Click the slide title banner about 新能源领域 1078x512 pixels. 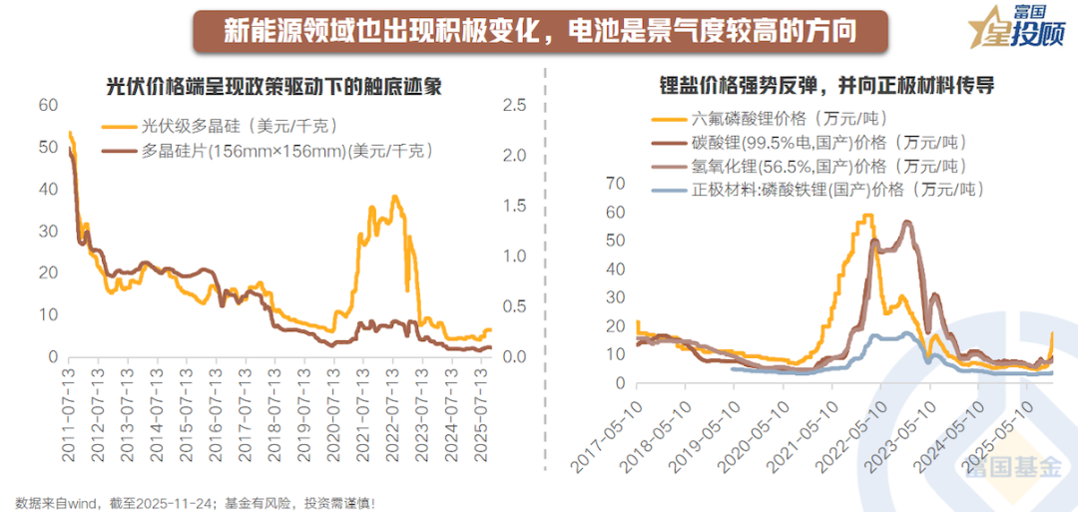pos(539,29)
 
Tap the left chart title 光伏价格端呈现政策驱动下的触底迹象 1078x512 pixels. pos(274,86)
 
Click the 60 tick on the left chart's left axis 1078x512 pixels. pos(48,105)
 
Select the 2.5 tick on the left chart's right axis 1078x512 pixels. pos(515,105)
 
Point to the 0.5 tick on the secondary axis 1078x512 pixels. pos(515,306)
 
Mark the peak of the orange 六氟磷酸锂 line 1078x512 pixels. pos(867,215)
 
